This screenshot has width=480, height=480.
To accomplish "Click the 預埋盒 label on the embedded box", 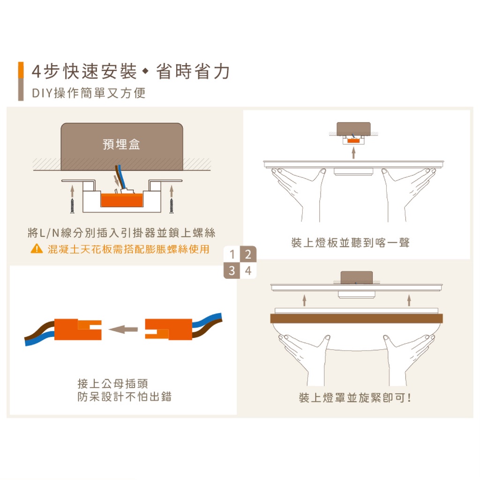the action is point(121,144).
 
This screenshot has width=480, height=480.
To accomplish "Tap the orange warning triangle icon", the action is point(37,248).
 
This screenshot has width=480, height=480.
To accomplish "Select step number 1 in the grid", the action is point(232,254).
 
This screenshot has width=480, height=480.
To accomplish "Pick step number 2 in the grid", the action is point(248,254).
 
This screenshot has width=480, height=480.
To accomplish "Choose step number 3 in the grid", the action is point(232,270).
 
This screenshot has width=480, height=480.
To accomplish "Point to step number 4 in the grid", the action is point(248,270).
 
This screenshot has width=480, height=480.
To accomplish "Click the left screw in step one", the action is point(72,206).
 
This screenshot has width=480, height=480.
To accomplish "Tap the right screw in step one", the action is point(172,206).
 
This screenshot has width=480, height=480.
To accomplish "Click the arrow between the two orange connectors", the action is point(123,330).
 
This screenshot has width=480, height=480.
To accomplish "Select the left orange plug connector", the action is point(78,330).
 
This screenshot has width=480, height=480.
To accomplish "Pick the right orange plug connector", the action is point(169,330).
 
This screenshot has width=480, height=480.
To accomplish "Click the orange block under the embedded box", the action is point(122,200).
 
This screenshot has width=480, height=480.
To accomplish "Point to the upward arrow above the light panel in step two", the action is point(353,153).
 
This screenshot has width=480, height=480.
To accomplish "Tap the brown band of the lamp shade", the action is point(356,318).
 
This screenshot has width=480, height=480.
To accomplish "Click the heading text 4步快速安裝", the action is point(84,72).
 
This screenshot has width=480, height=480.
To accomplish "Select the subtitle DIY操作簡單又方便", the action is point(89,93).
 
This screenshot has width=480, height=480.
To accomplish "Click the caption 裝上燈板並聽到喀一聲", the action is point(351,243).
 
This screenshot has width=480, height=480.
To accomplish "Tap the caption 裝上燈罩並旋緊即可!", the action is point(355,397).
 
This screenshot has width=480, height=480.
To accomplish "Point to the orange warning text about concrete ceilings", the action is point(128,249).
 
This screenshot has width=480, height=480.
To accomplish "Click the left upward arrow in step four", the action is point(304,300).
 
